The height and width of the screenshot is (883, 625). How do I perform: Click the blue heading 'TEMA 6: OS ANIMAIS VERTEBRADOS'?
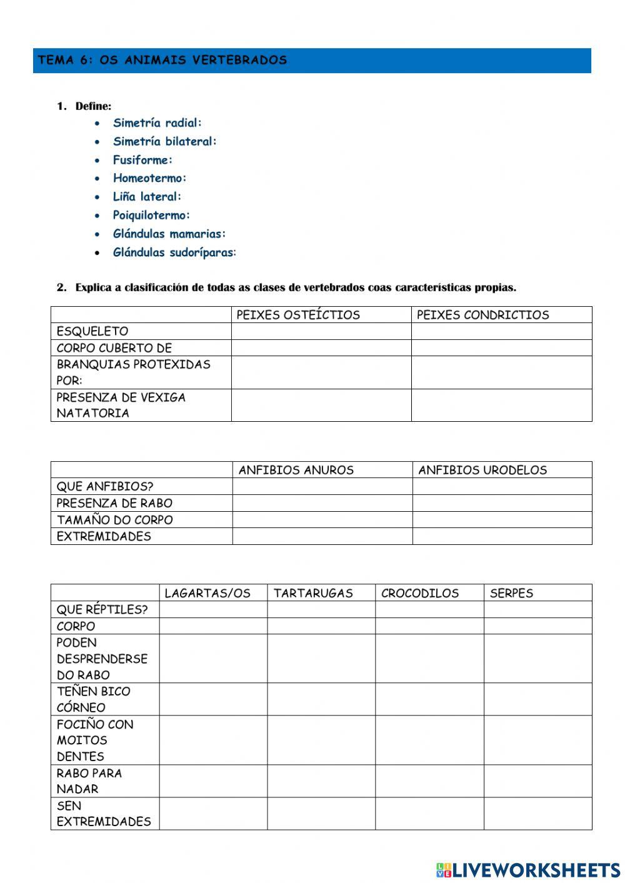162,61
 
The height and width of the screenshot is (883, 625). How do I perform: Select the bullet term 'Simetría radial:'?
157,123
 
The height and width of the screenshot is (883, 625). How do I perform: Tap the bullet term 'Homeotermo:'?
150,178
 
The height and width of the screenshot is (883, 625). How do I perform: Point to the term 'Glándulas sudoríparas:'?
174,252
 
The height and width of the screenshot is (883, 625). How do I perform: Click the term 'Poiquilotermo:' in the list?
151,215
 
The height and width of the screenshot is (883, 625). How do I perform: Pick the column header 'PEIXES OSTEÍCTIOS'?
298,315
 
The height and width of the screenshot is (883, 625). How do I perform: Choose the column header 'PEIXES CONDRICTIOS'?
482,315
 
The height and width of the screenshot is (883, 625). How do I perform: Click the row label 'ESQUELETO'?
92,331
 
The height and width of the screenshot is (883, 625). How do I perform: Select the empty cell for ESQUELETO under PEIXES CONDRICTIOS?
501,331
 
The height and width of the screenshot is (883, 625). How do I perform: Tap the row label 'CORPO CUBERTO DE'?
114,348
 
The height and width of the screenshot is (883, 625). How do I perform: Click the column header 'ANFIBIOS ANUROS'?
296,470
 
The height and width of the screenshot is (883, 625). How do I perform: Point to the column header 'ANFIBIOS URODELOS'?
482,470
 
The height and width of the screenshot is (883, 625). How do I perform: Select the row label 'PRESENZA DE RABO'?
114,503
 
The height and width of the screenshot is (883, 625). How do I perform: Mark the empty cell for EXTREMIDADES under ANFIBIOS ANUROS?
322,536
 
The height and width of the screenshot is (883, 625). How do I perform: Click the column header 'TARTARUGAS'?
313,593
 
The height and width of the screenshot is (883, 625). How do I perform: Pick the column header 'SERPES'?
511,593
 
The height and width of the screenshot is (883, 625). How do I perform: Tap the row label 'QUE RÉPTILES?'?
102,609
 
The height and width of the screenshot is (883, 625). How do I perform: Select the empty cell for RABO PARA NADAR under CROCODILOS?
429,781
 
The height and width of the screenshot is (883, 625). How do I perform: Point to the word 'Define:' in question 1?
93,106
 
